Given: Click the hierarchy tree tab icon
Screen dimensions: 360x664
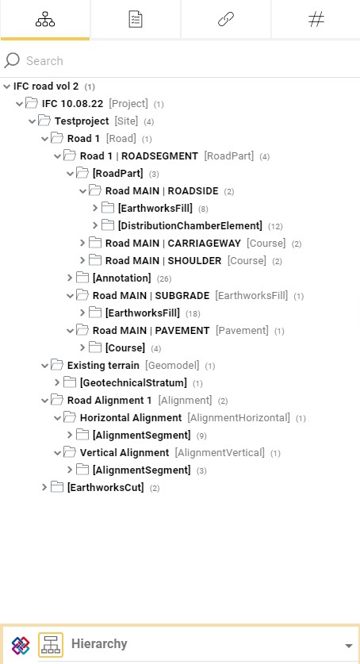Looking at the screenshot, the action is point(45,20).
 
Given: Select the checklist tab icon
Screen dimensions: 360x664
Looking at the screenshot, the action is point(136,20).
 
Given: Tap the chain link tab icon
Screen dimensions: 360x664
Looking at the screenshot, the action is point(226,20).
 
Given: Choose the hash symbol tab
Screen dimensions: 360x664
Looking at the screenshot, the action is point(316,20).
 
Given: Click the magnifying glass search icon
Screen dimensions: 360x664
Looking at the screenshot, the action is point(12,60).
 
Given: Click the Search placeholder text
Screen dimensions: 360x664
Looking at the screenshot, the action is point(44,60).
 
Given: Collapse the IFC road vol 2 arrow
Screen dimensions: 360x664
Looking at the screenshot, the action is point(6,86).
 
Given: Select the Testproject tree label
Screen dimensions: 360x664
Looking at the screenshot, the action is point(82,121).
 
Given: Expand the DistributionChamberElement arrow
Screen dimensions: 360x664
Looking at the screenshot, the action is point(95,226).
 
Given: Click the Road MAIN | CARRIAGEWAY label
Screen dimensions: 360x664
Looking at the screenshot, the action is point(173,243).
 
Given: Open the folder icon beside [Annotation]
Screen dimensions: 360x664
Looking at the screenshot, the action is point(82,278).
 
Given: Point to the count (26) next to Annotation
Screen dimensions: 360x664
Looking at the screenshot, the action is point(163,278).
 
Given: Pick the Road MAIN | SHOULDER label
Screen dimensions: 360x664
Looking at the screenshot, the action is point(163,260).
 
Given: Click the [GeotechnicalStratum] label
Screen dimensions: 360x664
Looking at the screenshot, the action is point(133,383).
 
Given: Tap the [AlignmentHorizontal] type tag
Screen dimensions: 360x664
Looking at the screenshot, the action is point(239,418).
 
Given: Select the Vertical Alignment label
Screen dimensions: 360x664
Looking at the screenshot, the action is point(124,453).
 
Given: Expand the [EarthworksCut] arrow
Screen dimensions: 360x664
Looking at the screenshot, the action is point(44,487).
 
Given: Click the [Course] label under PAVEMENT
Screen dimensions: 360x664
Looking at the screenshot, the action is point(125,348).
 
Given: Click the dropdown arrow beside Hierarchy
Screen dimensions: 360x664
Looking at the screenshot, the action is point(349,646).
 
